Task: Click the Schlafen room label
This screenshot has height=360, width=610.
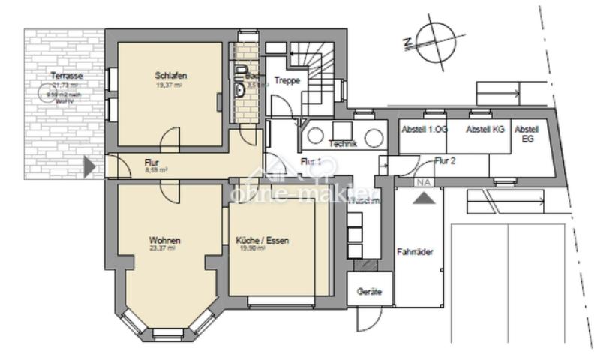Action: [x=170, y=76]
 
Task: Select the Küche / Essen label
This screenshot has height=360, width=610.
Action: [x=262, y=241]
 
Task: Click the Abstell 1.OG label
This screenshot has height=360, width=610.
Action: [x=424, y=130]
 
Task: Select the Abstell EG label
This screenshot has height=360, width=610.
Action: [x=527, y=134]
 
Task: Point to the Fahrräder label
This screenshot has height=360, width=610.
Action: [x=415, y=252]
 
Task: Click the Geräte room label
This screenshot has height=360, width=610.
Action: [x=369, y=290]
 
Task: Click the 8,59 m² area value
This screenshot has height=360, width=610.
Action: [x=156, y=170]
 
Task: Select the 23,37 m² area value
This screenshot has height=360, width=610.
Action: [x=161, y=248]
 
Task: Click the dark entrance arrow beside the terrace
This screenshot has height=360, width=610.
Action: [x=89, y=166]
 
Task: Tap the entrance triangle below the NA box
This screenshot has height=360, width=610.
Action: [x=423, y=198]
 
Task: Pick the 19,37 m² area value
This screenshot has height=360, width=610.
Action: [x=170, y=85]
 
